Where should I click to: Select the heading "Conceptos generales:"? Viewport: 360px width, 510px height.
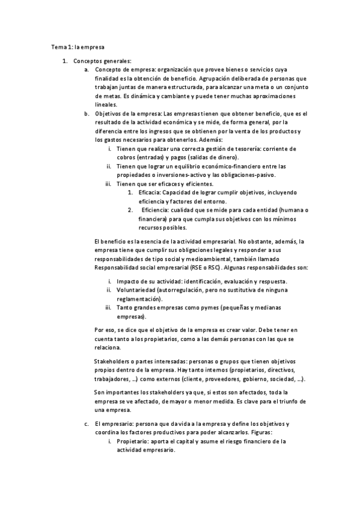pyautogui.click(x=102, y=61)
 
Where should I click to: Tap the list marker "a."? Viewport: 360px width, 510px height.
pyautogui.click(x=87, y=70)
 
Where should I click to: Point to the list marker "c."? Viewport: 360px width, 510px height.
pyautogui.click(x=87, y=424)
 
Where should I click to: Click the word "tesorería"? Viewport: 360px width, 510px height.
pyautogui.click(x=240, y=149)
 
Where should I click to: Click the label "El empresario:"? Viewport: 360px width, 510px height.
pyautogui.click(x=117, y=424)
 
